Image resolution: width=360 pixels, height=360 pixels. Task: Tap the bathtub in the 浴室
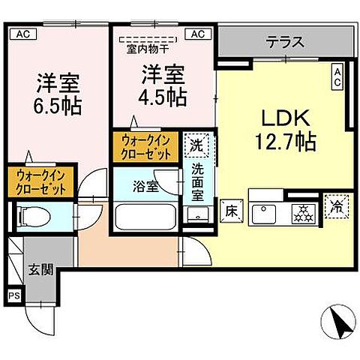pyautogui.click(x=147, y=218)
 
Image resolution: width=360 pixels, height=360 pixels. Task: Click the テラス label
pyautogui.click(x=284, y=42)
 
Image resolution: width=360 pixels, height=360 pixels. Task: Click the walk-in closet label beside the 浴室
pyautogui.click(x=146, y=147)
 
